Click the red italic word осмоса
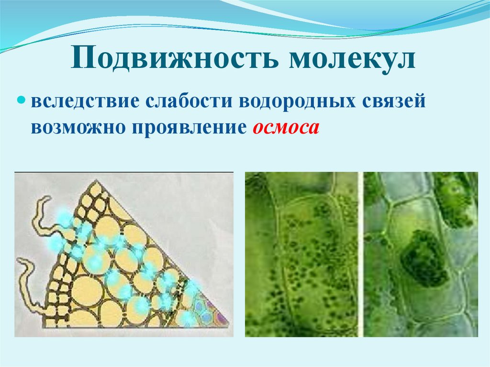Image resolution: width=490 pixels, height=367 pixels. (x=284, y=128)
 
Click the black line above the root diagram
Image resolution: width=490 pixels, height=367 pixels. (x=124, y=171)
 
